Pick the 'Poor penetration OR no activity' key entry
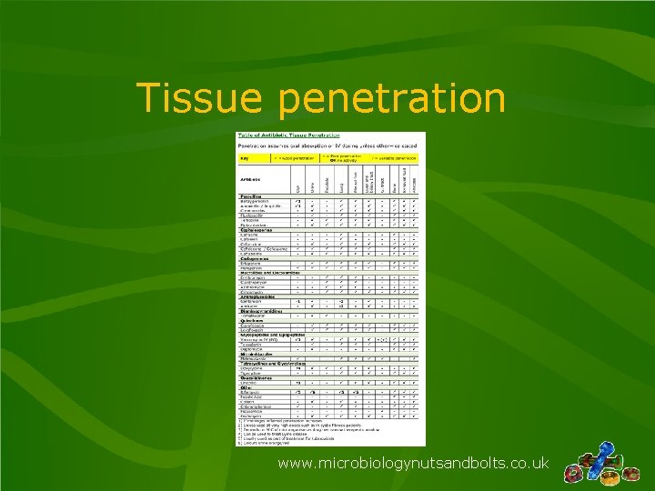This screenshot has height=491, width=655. [342, 157]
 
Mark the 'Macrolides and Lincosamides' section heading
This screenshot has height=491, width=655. [272, 271]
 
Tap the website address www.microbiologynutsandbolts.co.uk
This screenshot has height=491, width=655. [413, 464]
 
